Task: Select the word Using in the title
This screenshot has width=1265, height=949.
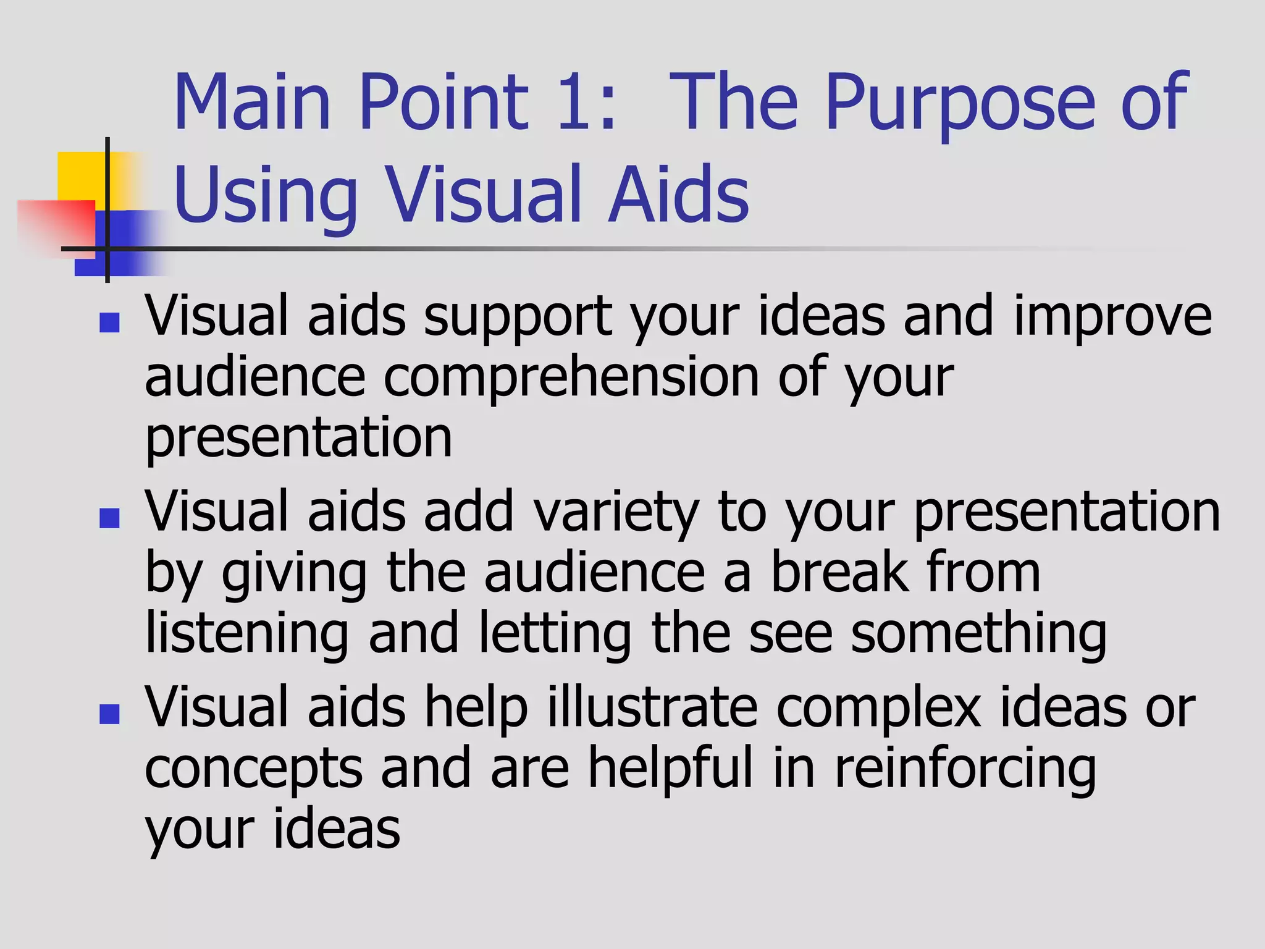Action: point(266,196)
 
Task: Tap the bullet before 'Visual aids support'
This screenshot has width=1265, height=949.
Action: point(109,322)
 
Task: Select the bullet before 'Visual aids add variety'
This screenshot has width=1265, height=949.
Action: point(109,518)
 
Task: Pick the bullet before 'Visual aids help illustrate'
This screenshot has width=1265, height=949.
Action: point(109,714)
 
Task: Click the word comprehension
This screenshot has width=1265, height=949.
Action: point(571,378)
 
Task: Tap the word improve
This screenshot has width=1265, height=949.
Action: point(1112,316)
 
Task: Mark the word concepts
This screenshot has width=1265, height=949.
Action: point(253,770)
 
